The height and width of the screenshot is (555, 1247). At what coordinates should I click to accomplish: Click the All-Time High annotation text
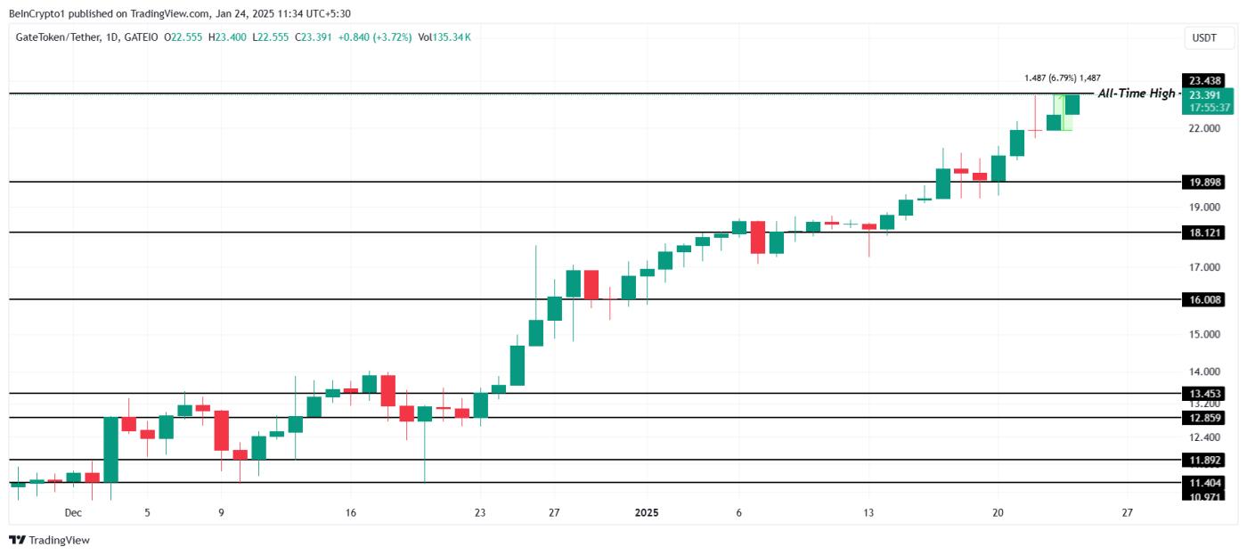point(1136,94)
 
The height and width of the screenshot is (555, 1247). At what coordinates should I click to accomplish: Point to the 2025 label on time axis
point(647,513)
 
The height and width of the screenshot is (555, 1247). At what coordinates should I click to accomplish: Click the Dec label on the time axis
point(73,513)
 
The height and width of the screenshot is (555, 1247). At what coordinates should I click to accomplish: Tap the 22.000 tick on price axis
point(1204,128)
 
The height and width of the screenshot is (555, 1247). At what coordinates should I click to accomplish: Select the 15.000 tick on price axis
point(1204,335)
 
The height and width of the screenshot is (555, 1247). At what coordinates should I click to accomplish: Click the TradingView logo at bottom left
point(50,540)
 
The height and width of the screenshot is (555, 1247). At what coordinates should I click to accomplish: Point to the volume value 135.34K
point(452,37)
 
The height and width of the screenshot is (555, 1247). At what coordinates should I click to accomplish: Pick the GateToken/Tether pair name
point(53,37)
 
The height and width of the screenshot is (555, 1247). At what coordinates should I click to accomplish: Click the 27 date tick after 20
point(1127,513)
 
